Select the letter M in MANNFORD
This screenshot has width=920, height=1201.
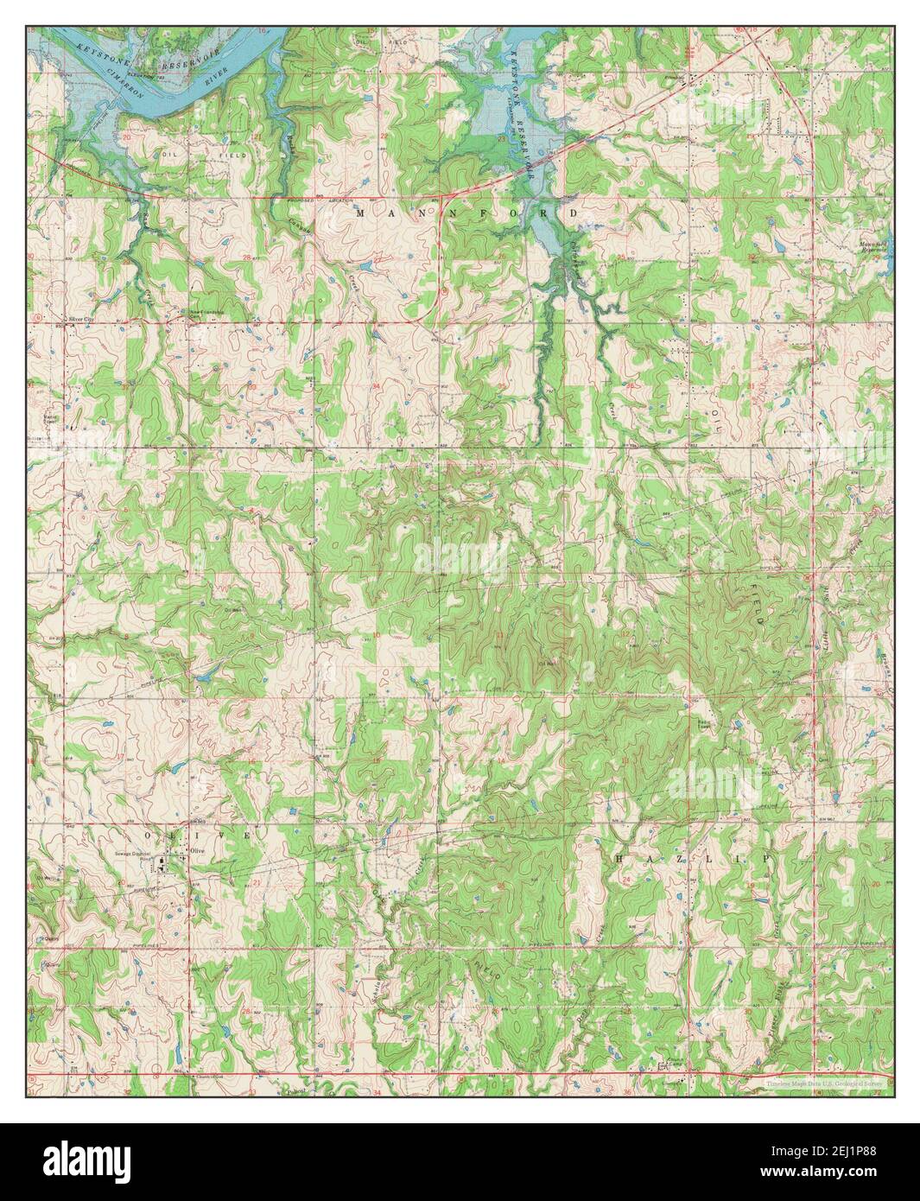(359, 212)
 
